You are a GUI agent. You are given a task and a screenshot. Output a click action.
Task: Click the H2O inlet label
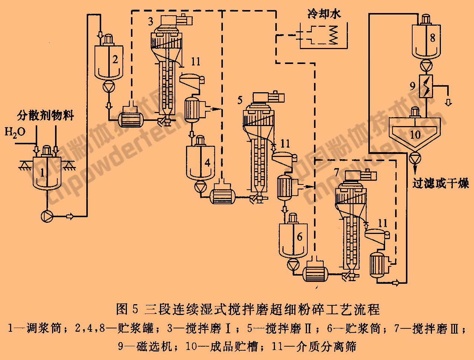click(x=15, y=132)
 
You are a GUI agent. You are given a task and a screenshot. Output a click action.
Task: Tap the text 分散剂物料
click(x=45, y=115)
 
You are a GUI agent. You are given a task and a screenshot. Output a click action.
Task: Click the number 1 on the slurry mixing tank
click(x=43, y=172)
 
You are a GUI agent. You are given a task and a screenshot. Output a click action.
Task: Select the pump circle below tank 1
click(x=48, y=216)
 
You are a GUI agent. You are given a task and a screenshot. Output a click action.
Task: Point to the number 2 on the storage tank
click(x=115, y=60)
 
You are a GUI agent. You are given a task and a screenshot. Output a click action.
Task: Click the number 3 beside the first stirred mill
click(x=151, y=22)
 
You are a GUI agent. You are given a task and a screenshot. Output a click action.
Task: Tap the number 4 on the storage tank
click(x=207, y=162)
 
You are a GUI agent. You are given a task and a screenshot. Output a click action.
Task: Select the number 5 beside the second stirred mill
click(x=240, y=100)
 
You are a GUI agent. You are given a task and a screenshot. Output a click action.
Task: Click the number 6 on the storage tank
click(x=300, y=237)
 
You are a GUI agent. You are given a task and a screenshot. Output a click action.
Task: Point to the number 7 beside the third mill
click(x=337, y=172)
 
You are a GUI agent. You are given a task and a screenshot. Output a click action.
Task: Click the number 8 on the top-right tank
click(x=432, y=38)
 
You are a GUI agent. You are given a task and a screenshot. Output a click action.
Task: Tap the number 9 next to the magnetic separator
click(x=413, y=86)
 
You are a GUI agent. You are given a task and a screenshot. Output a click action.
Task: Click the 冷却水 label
click(x=324, y=14)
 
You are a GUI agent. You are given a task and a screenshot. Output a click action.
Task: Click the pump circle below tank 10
click(x=415, y=159)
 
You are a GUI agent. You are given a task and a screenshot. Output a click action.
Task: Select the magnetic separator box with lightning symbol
click(x=426, y=86)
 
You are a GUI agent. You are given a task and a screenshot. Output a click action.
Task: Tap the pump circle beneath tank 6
click(x=293, y=264)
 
